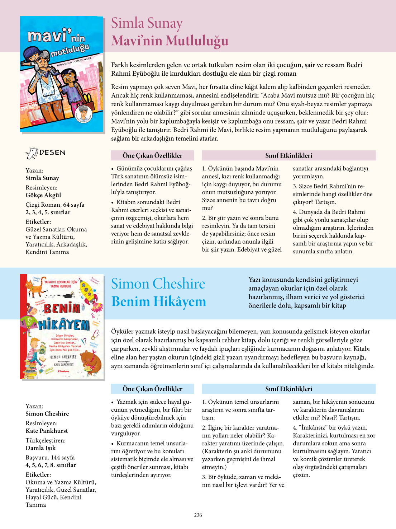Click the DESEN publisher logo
click(46, 153)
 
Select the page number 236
click(198, 515)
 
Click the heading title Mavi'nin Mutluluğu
click(170, 41)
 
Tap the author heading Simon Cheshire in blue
click(158, 284)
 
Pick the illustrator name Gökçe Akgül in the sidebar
click(43, 195)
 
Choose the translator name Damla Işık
click(40, 448)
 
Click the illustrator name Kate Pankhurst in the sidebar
click(47, 431)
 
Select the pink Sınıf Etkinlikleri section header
click(288, 155)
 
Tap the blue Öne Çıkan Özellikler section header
click(152, 389)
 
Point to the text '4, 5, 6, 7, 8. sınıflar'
click(51, 465)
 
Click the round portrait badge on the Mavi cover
click(84, 115)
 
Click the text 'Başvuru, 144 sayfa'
click(50, 458)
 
